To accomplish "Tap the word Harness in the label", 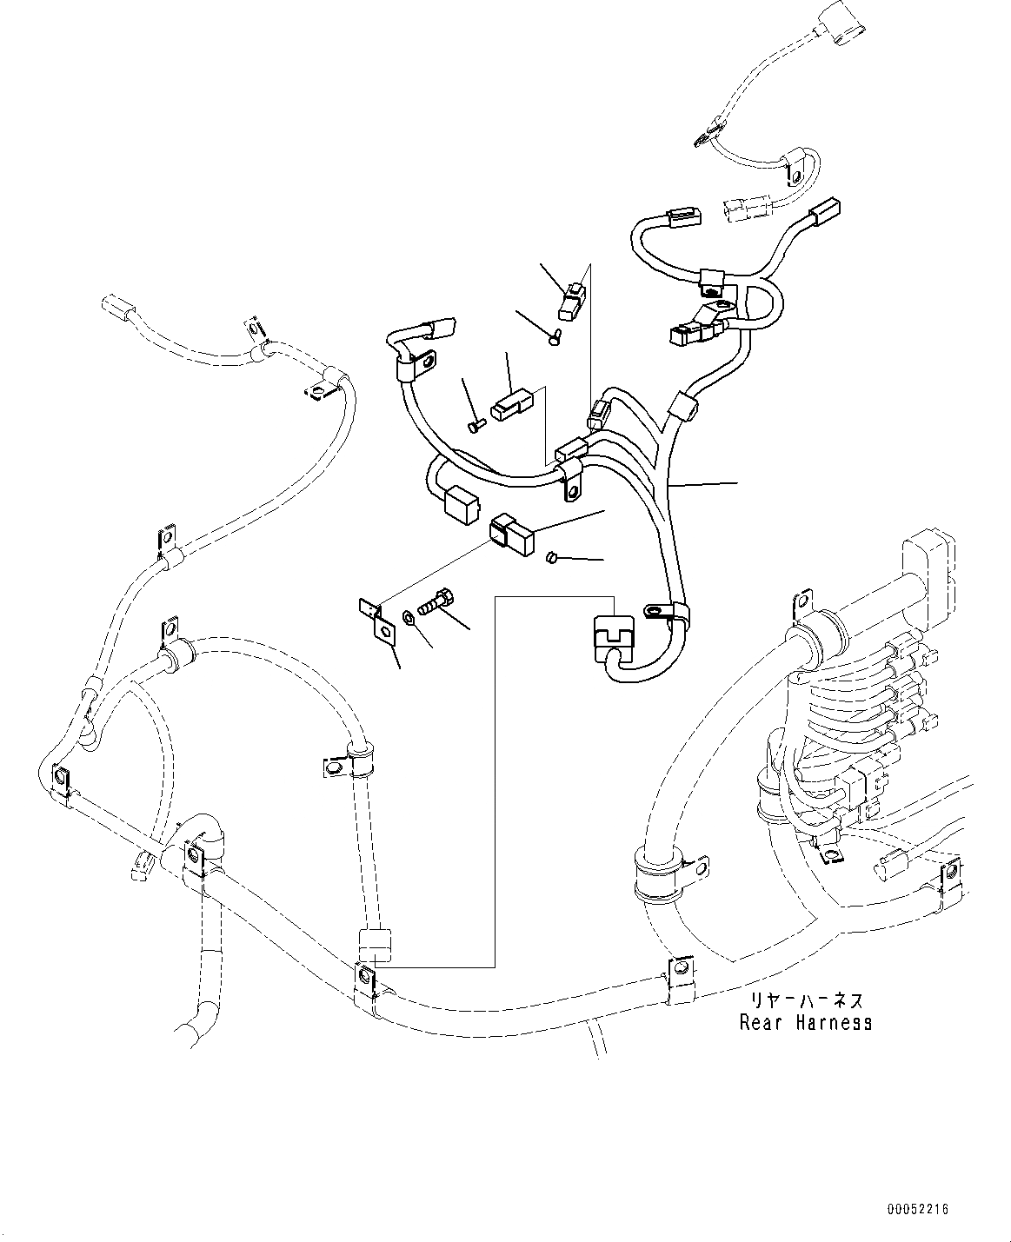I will (x=833, y=1022).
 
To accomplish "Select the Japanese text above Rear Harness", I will (x=807, y=1001).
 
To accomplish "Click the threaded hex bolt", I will (x=435, y=602).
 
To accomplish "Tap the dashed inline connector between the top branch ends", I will (x=744, y=208).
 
